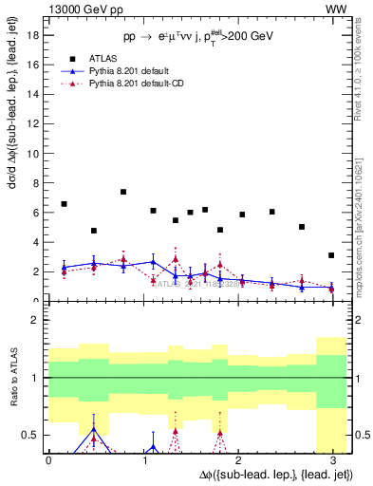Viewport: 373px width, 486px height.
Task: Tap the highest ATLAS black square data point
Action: [x=123, y=192]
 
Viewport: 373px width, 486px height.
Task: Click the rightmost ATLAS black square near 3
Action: [x=331, y=255]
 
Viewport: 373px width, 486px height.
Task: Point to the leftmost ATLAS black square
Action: [x=64, y=204]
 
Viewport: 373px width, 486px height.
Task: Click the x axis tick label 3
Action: [x=332, y=460]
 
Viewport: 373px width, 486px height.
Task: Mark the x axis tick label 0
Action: [x=48, y=460]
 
